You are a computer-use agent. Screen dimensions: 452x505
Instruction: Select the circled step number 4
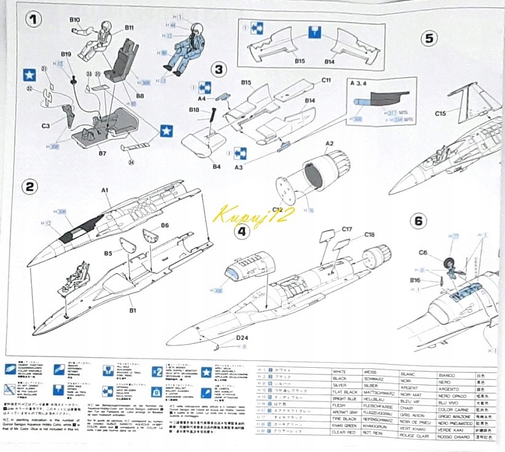coord(243,231)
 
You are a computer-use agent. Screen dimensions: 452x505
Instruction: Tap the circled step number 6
coord(418,220)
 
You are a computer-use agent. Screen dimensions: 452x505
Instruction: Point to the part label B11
coord(129,28)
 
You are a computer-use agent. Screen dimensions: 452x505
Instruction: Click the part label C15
coord(440,113)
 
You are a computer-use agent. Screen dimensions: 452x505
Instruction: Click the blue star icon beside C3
coord(28,76)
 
